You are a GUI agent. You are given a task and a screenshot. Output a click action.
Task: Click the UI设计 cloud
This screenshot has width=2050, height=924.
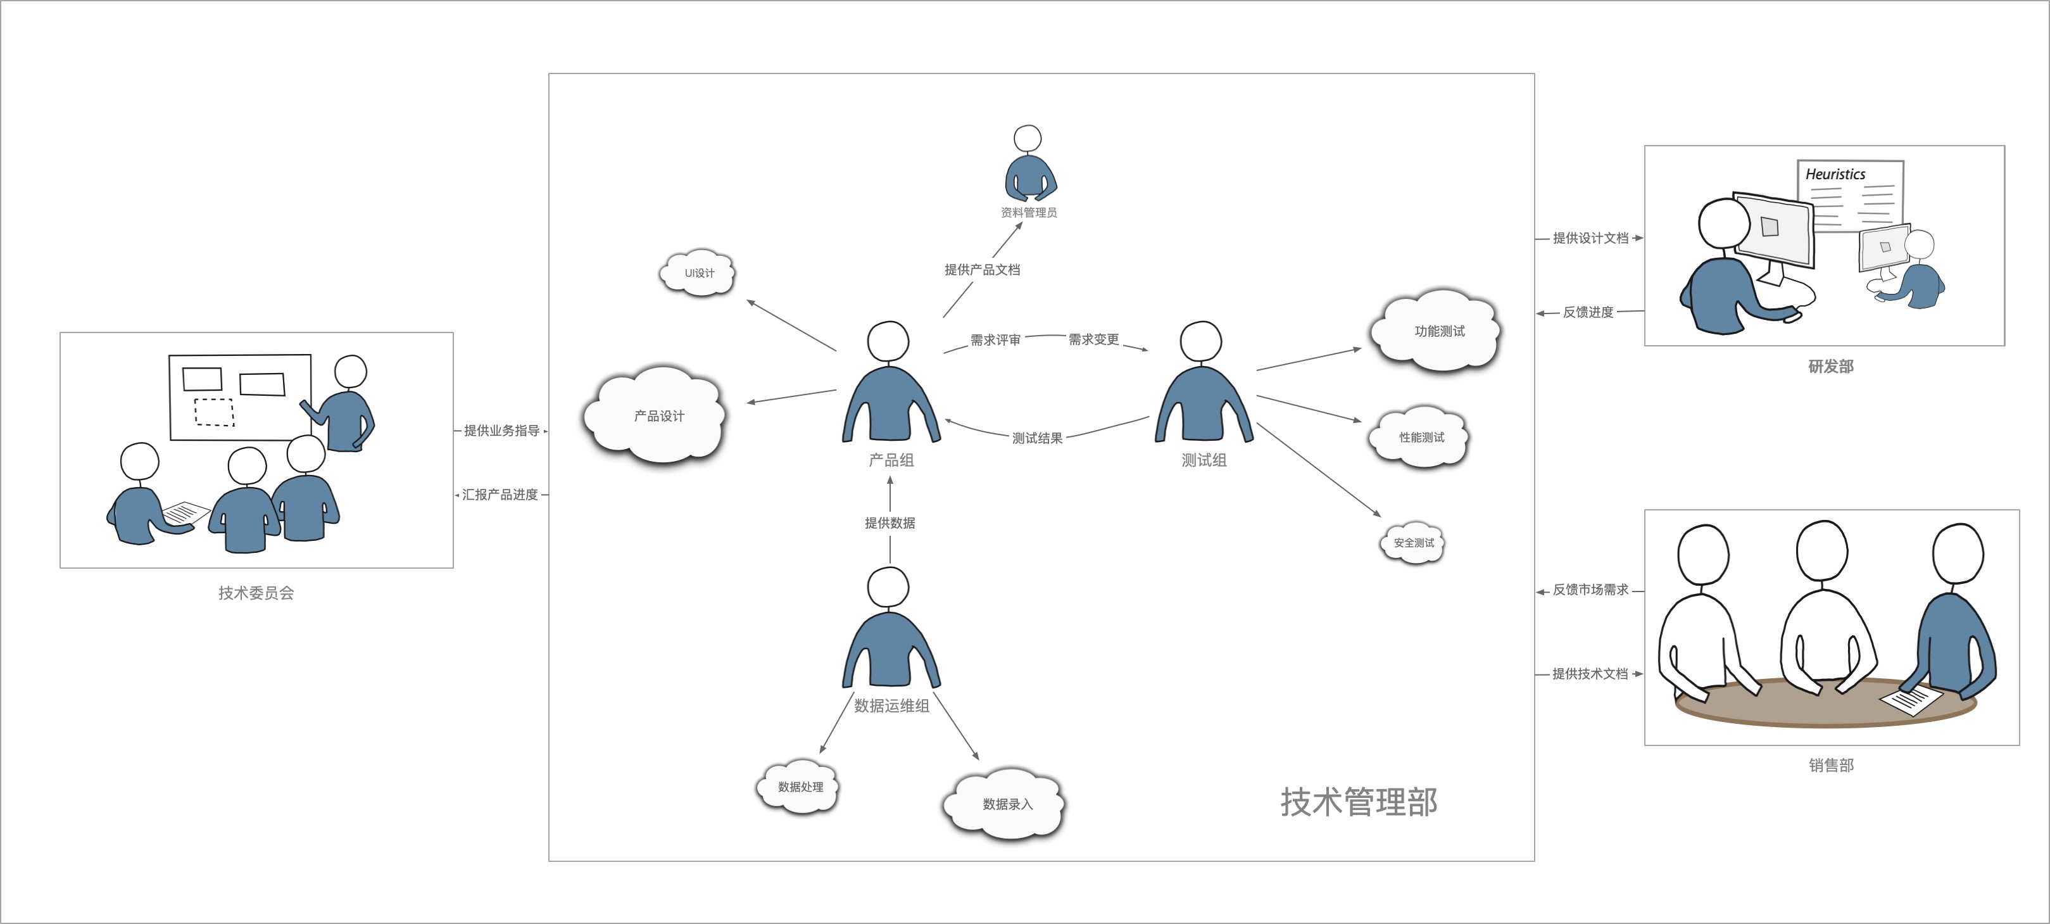point(698,273)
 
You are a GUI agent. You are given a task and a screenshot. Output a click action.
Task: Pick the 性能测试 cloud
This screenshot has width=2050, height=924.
point(1419,437)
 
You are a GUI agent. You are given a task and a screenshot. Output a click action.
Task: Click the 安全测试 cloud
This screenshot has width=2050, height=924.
point(1412,543)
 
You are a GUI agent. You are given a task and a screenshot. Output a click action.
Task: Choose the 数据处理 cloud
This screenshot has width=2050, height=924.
point(799,787)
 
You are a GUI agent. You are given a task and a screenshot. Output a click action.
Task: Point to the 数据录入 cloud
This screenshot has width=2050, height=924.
point(1005,804)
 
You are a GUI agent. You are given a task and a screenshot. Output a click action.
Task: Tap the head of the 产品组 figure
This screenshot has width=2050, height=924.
point(888,341)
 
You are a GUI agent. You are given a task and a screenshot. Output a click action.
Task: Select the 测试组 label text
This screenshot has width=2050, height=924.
point(1204,460)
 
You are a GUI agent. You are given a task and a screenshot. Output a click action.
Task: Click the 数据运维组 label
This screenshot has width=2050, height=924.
point(891,706)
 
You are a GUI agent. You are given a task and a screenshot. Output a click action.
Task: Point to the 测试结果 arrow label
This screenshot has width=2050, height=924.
point(1037,438)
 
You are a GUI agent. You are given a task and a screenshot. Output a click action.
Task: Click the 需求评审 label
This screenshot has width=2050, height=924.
point(995,340)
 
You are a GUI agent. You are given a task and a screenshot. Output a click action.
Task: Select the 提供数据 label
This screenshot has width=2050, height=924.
point(890,523)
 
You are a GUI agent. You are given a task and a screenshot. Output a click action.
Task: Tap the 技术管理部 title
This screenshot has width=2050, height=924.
point(1359,802)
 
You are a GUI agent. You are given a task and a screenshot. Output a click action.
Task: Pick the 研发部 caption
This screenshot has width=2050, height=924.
point(1830,366)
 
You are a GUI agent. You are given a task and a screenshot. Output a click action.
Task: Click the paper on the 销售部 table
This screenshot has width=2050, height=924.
point(1910,700)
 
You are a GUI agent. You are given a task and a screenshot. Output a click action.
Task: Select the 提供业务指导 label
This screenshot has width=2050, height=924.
point(501,431)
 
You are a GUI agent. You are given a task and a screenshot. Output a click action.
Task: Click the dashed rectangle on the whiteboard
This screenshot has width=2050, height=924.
point(214,412)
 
